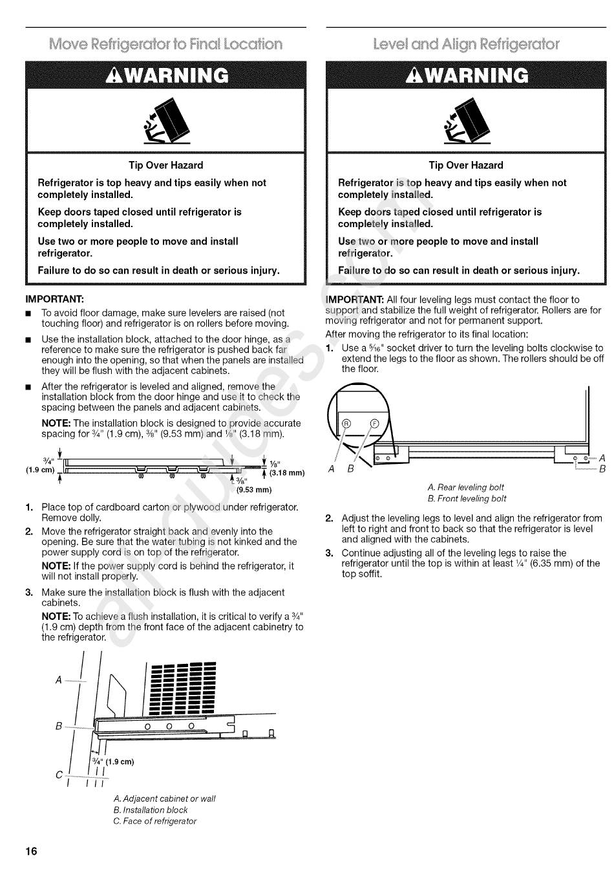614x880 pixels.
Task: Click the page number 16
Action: (x=32, y=851)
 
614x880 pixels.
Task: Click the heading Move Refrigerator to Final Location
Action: (x=166, y=44)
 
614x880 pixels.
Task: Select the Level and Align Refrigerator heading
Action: (x=466, y=44)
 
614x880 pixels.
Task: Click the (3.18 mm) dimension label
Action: (x=286, y=472)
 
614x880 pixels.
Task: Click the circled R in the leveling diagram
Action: (x=346, y=423)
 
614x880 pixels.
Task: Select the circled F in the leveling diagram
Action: (x=373, y=423)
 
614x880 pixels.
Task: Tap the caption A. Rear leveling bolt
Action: (x=465, y=487)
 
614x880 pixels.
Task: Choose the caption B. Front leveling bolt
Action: (x=467, y=499)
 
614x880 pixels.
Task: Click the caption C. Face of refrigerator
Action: (x=154, y=821)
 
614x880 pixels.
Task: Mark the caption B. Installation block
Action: (x=150, y=809)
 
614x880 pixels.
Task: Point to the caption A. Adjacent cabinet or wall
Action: (x=164, y=798)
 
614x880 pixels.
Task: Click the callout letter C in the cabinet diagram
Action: (x=59, y=775)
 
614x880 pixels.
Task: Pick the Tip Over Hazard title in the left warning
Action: (x=165, y=165)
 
